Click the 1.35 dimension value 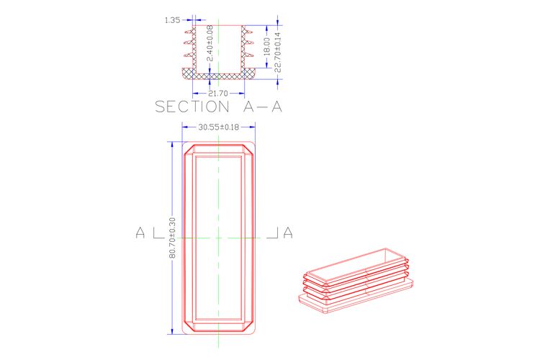[172, 20]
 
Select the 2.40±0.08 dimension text [210, 43]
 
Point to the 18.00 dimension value [266, 47]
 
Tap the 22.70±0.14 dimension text [278, 52]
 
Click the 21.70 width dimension [218, 94]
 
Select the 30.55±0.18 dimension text [218, 127]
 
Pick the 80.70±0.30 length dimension [172, 238]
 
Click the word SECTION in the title [192, 107]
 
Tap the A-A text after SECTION [262, 107]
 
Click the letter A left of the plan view [140, 233]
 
